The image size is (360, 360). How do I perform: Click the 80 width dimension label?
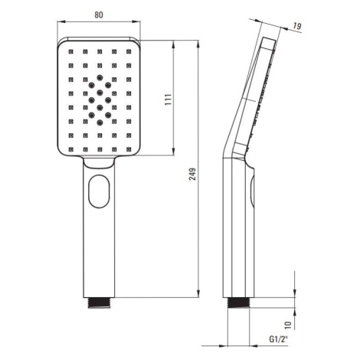point(99,15)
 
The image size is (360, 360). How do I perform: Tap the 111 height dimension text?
point(168,100)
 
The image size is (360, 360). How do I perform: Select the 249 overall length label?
point(192,174)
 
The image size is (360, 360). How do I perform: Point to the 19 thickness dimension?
point(297,26)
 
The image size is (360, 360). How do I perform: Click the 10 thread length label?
point(288,325)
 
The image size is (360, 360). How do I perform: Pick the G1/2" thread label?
point(279,339)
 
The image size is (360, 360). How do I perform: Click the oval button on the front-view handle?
point(99,191)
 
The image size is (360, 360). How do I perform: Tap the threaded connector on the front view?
point(99,303)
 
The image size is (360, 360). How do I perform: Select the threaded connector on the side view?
point(238,303)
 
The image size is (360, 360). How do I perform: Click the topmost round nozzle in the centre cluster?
point(100,77)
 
